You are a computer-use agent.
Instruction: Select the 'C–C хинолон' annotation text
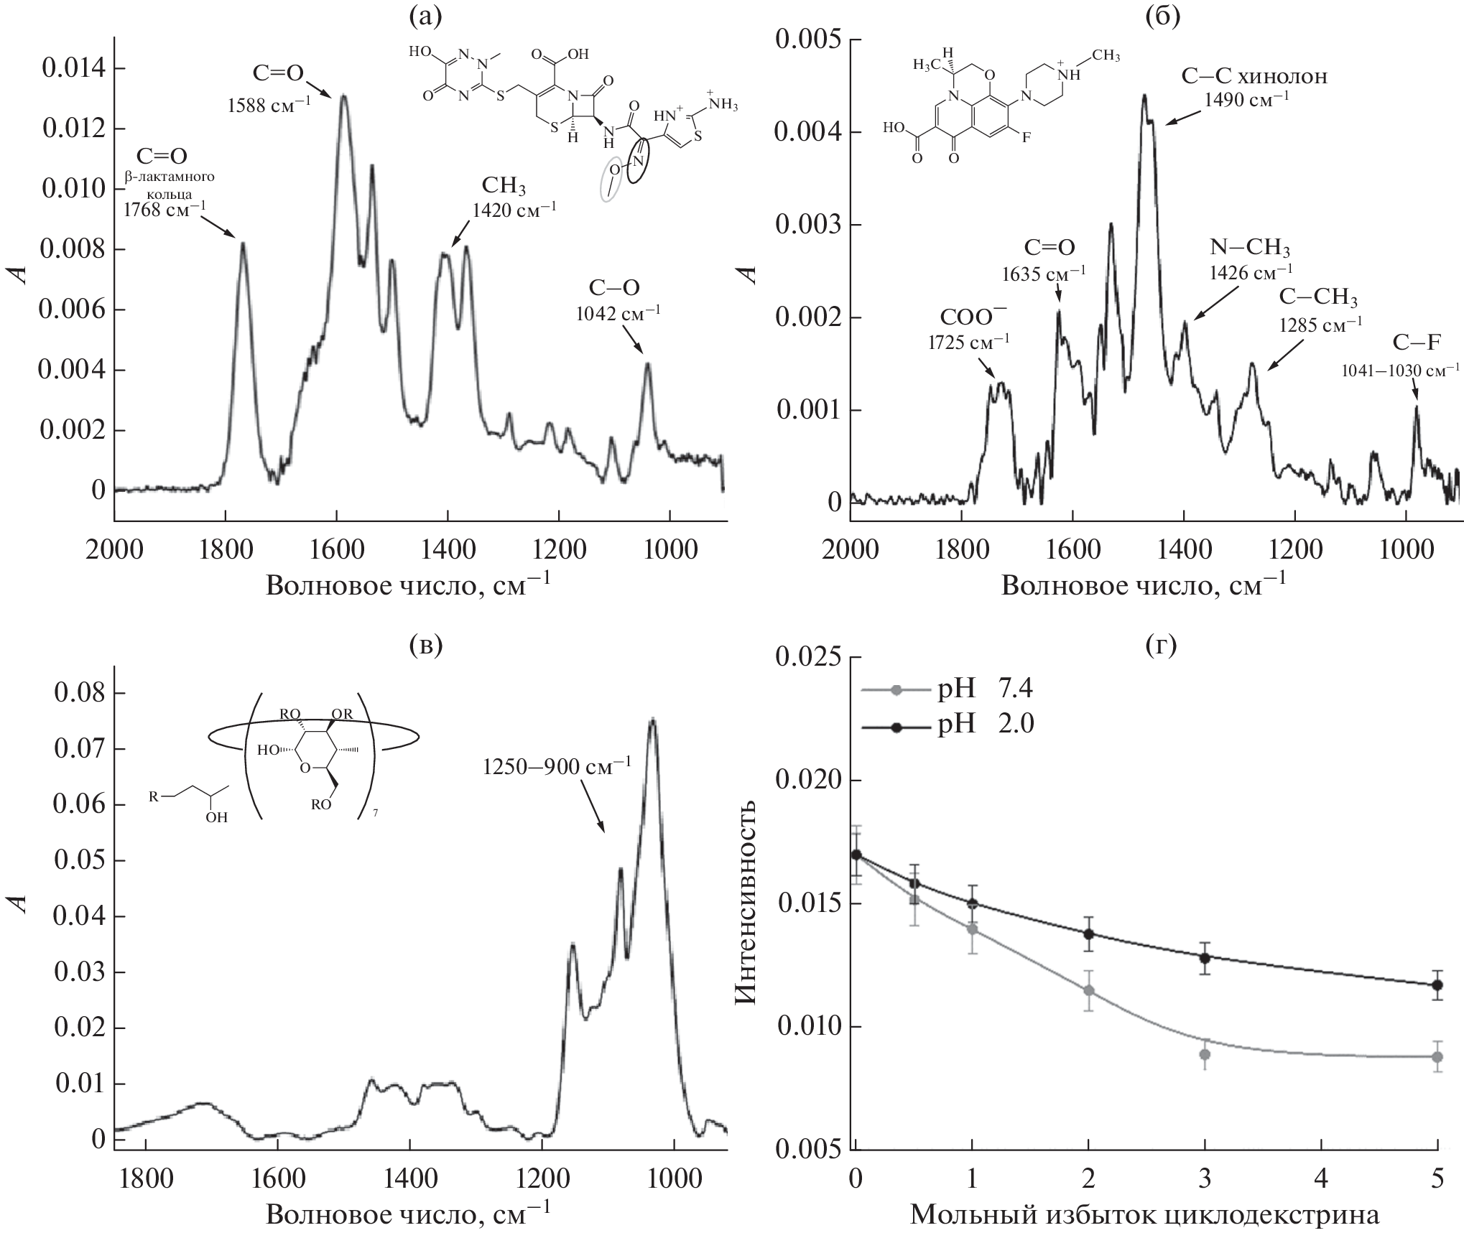click(x=1254, y=76)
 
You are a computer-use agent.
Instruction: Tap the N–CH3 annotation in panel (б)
click(x=1250, y=248)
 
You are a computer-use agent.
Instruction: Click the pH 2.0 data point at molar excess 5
click(x=1437, y=985)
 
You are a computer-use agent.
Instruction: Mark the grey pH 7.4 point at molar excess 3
click(x=1205, y=1054)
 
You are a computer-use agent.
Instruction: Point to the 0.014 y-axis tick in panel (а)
click(x=74, y=69)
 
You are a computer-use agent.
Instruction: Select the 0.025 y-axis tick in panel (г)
click(x=807, y=658)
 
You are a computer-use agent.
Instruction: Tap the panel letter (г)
click(x=1159, y=646)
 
